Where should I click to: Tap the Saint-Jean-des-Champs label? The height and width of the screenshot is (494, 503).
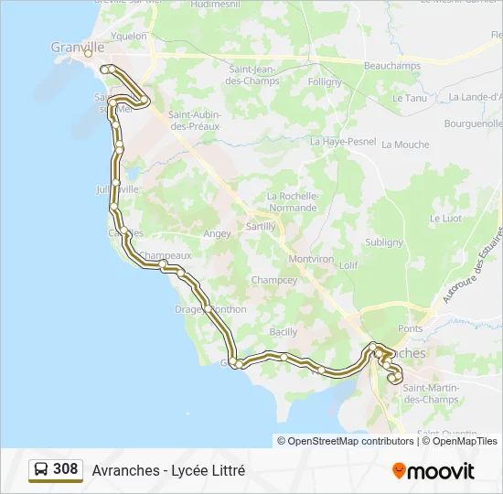point(254,75)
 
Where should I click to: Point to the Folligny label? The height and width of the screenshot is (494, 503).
point(326,81)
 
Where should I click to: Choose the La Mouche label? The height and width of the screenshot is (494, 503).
point(405,145)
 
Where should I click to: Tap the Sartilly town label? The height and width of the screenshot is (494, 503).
point(261,226)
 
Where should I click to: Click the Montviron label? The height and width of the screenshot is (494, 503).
point(311,259)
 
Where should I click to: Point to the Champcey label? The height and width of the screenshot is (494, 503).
point(273,280)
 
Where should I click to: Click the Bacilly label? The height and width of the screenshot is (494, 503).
point(284,331)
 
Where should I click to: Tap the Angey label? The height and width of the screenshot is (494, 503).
point(218,233)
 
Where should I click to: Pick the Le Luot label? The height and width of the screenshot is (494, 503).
point(445,219)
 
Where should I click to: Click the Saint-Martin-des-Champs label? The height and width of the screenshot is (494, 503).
point(431,394)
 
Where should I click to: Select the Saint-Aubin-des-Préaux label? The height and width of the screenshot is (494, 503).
point(193,121)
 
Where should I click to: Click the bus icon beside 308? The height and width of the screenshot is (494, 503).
point(41,470)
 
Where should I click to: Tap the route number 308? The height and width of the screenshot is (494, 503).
point(65,469)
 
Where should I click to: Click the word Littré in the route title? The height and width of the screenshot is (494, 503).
point(227,471)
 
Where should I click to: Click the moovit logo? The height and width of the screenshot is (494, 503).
point(433,471)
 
